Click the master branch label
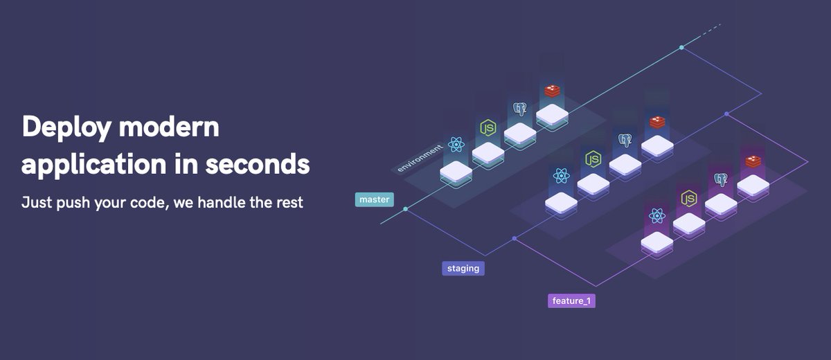click(x=375, y=200)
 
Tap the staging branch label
click(x=463, y=268)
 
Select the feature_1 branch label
click(x=571, y=301)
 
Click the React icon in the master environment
click(x=456, y=145)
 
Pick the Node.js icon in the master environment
click(x=488, y=127)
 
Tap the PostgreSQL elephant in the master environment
click(x=520, y=109)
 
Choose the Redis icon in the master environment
click(x=552, y=91)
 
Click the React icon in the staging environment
click(x=561, y=176)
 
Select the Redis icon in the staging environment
click(x=657, y=122)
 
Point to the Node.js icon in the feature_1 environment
click(x=688, y=199)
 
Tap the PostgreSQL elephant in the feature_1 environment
click(x=721, y=180)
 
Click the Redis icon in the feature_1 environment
click(x=753, y=161)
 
